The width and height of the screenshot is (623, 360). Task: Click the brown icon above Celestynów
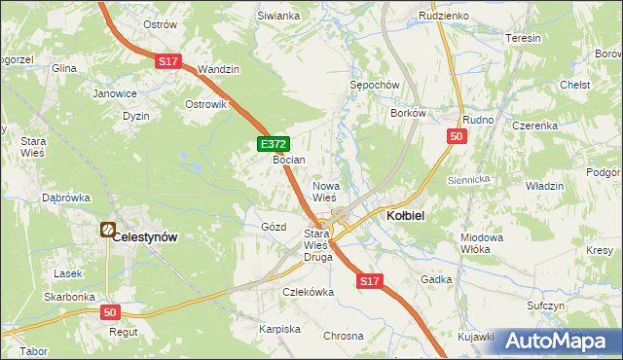coord(107,231)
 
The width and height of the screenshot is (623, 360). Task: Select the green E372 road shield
coord(272,144)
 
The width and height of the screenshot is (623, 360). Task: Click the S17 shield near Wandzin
coord(167,61)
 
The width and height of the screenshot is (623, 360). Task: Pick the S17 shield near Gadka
coord(367,281)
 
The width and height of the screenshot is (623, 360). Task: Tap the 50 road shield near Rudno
coord(457,137)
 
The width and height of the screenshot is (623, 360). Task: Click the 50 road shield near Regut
coord(111,312)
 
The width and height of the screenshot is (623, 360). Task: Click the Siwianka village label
coord(277,17)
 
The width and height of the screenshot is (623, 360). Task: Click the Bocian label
coord(289,160)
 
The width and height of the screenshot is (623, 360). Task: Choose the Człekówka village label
coord(309,291)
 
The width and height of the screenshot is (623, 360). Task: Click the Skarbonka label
coord(68,297)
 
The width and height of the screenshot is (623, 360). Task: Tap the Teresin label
coord(524,38)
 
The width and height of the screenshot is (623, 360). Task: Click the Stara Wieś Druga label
coord(318,246)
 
